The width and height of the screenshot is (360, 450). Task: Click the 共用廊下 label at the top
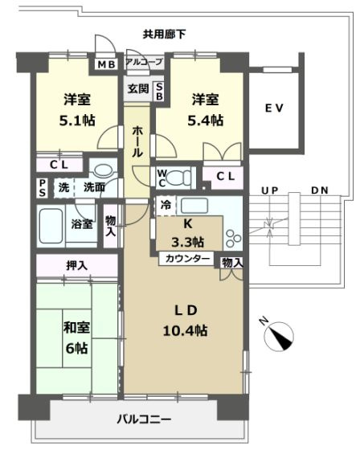click(164, 35)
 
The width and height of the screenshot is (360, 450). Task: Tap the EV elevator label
click(275, 108)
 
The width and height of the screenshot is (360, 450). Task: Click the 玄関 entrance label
click(137, 89)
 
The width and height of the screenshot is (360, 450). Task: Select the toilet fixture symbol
click(180, 176)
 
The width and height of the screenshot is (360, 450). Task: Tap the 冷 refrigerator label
click(166, 204)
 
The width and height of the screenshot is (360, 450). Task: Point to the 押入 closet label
click(77, 265)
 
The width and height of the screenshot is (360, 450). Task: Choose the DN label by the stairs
click(320, 191)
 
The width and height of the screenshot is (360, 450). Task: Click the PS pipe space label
click(42, 187)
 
